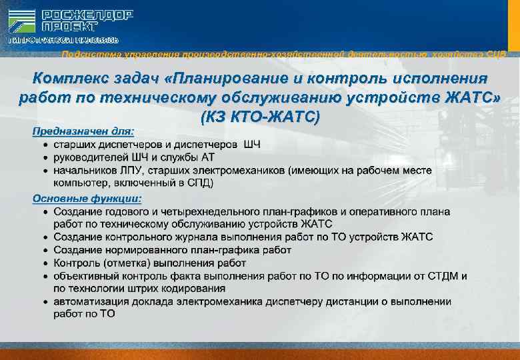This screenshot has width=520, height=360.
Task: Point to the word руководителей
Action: point(86,157)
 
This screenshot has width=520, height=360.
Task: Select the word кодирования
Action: point(190,288)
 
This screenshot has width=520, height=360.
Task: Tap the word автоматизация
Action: point(91,301)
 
